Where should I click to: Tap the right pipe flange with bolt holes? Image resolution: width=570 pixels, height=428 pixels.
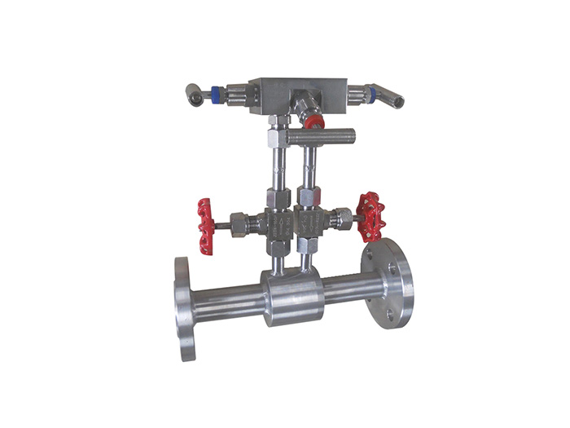pyautogui.click(x=388, y=281)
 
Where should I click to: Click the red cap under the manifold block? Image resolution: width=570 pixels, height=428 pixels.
pyautogui.click(x=313, y=121)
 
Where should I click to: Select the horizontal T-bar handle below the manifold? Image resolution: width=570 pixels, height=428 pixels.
pyautogui.click(x=331, y=134)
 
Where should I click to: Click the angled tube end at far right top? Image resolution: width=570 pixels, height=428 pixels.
pyautogui.click(x=396, y=99)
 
